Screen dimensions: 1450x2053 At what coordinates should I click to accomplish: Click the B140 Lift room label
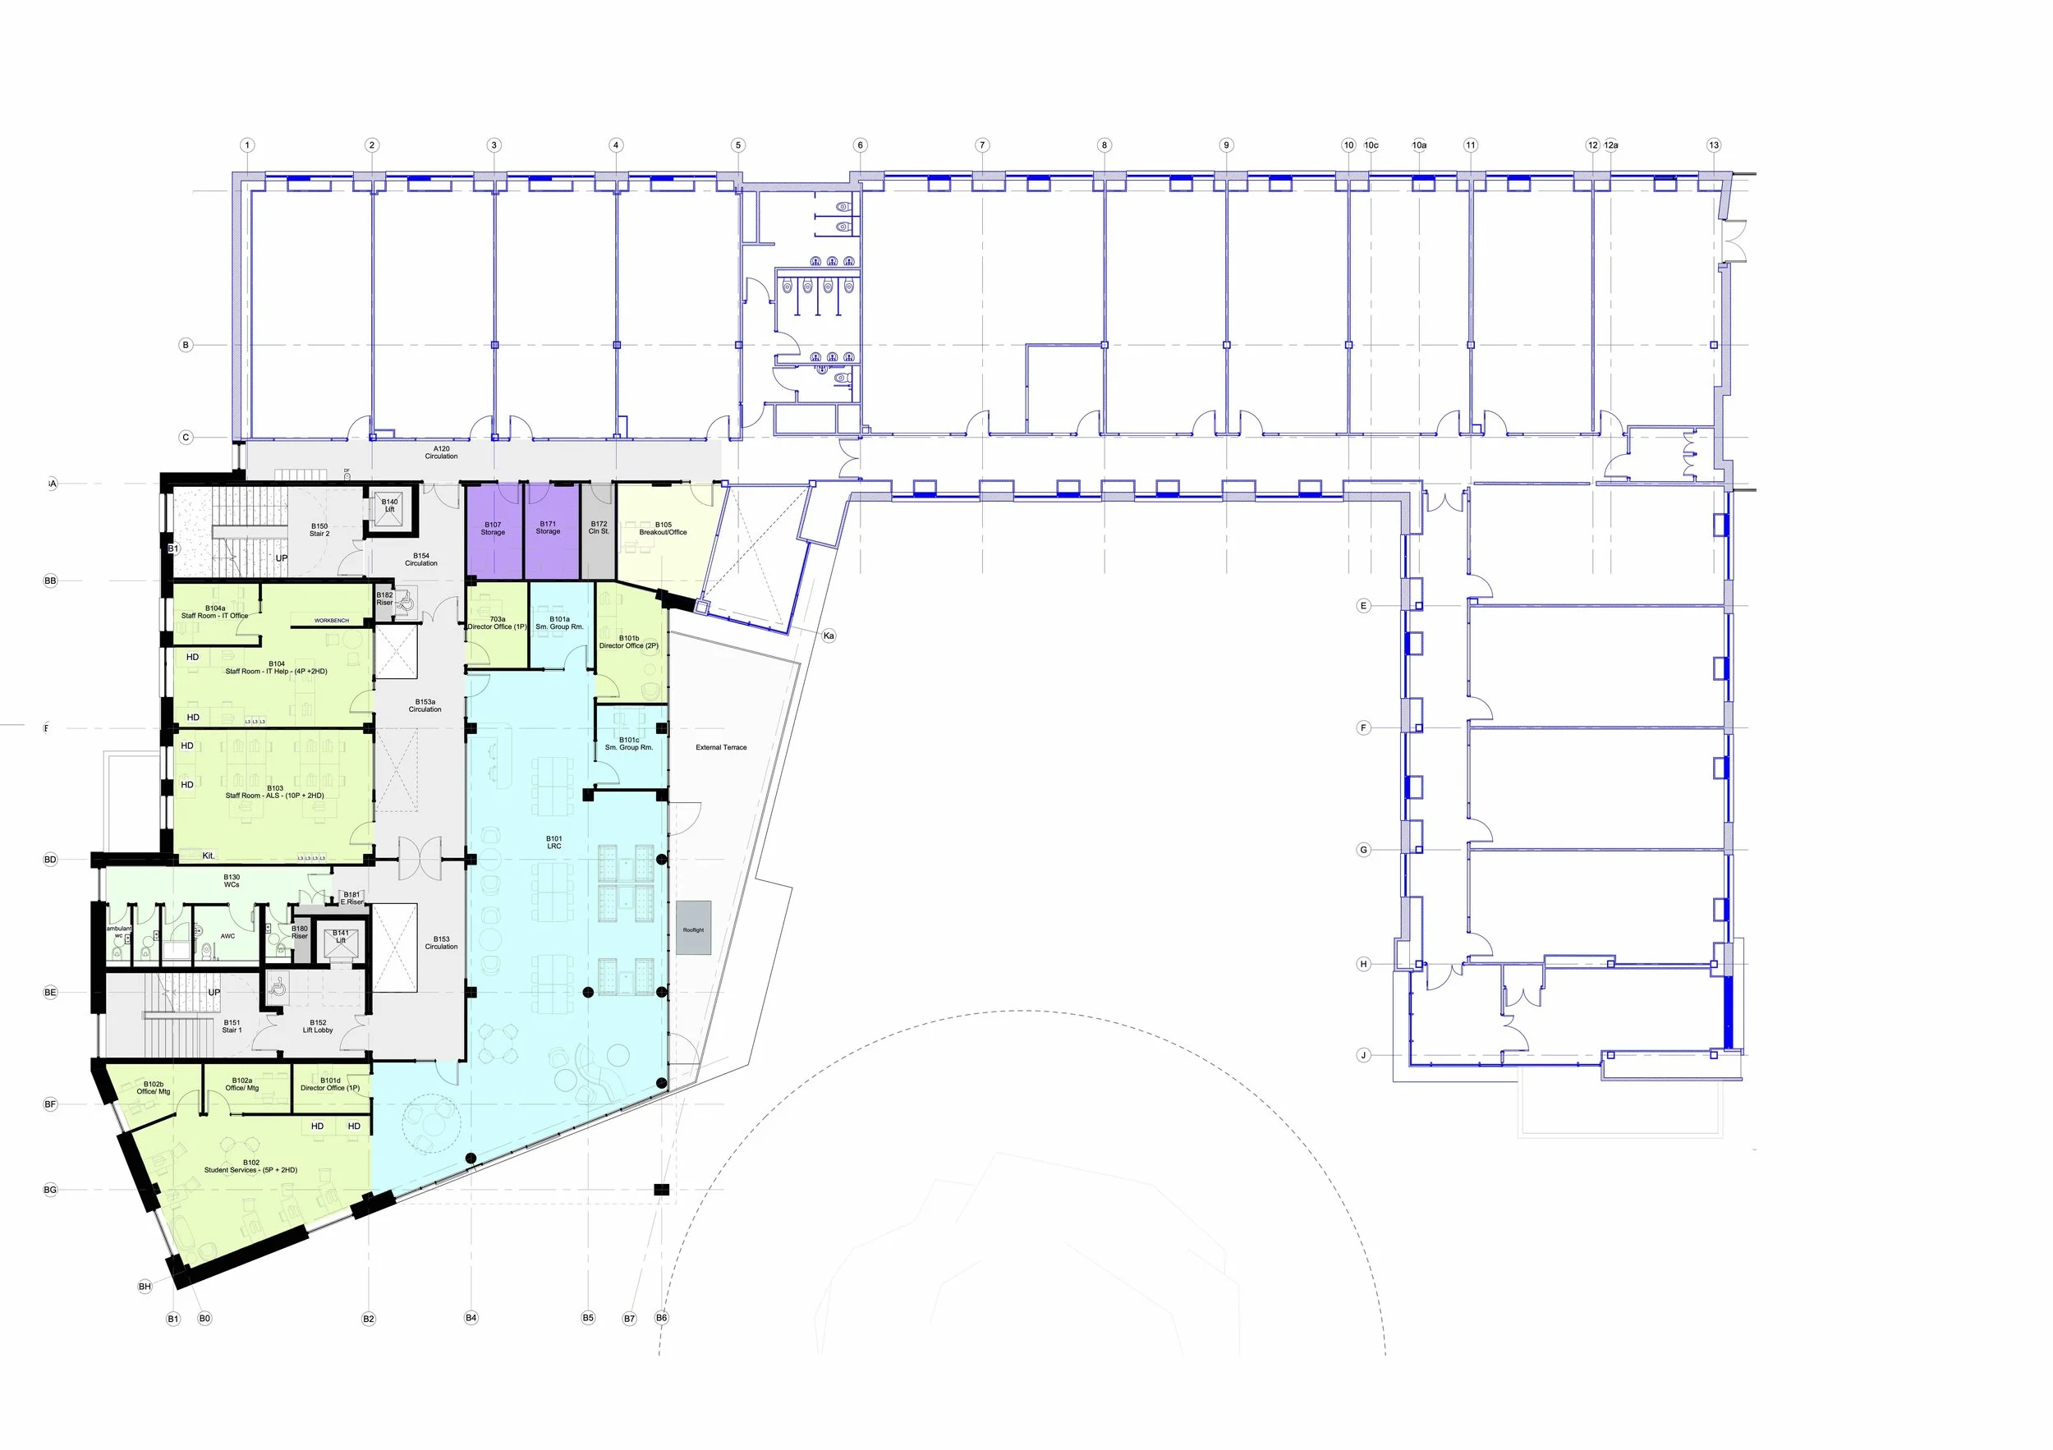pyautogui.click(x=390, y=505)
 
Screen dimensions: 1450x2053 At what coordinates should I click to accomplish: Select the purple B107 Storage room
pyautogui.click(x=493, y=532)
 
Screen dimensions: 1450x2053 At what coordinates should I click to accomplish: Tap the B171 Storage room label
pyautogui.click(x=548, y=527)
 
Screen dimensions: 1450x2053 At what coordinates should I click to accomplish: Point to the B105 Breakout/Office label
pyautogui.click(x=663, y=528)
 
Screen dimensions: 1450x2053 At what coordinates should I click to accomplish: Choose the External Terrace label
pyautogui.click(x=721, y=747)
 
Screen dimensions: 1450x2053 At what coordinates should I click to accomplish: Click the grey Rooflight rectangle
pyautogui.click(x=693, y=928)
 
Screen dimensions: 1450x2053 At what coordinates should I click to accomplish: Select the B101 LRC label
pyautogui.click(x=554, y=842)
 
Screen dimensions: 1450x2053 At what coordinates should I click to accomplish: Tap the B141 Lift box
pyautogui.click(x=341, y=941)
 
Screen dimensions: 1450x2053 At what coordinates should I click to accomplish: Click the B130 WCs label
pyautogui.click(x=232, y=880)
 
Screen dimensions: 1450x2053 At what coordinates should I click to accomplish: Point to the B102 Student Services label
pyautogui.click(x=250, y=1166)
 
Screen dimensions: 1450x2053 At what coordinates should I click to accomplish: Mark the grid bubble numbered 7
pyautogui.click(x=982, y=145)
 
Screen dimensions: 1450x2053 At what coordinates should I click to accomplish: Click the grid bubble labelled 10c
pyautogui.click(x=1371, y=145)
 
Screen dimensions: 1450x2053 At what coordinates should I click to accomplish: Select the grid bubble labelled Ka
pyautogui.click(x=829, y=636)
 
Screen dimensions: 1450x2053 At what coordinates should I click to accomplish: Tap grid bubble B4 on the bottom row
pyautogui.click(x=471, y=1318)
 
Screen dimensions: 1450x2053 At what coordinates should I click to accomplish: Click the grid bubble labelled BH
pyautogui.click(x=145, y=1287)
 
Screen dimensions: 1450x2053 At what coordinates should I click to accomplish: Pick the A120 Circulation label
pyautogui.click(x=441, y=452)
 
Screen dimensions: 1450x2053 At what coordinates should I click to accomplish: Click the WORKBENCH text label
pyautogui.click(x=331, y=621)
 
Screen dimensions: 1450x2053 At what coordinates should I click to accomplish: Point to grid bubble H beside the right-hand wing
pyautogui.click(x=1363, y=964)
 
